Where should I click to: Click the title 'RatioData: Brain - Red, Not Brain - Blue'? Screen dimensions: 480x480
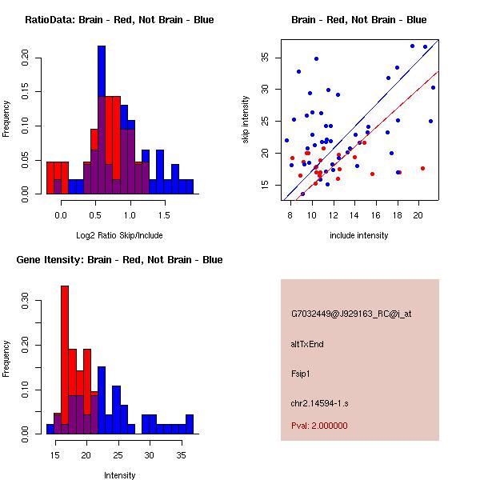tap(118, 20)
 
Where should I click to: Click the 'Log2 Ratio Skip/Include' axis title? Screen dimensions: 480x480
tap(118, 235)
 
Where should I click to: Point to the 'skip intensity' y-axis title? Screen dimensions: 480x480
tap(246, 119)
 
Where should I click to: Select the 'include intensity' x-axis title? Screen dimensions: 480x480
tap(359, 235)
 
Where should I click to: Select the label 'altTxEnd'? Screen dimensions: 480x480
tap(308, 344)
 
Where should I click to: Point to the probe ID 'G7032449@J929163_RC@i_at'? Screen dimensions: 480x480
tap(351, 314)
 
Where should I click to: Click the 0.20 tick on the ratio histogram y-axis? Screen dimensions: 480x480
tap(26, 58)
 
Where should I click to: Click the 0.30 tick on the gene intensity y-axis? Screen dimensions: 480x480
tap(26, 304)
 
